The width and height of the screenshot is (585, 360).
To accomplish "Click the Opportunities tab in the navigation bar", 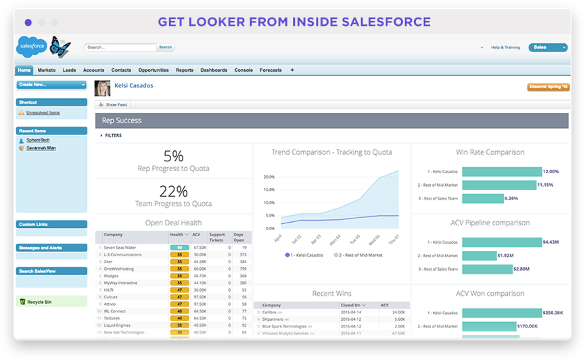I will tap(154, 70).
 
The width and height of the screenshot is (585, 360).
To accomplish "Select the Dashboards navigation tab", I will tap(214, 70).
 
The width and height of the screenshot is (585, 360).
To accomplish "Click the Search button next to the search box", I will tap(165, 47).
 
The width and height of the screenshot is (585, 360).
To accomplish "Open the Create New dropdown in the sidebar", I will tap(51, 85).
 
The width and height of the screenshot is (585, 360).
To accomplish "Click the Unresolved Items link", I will tap(43, 112).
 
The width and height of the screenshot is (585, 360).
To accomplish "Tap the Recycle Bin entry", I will tap(41, 301).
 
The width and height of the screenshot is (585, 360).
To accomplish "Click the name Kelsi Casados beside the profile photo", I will tap(134, 86).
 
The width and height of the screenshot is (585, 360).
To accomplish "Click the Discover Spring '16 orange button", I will tap(547, 87).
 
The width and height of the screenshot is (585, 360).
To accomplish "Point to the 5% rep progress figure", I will tap(174, 156).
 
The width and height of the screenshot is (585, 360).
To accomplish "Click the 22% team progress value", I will tap(173, 192).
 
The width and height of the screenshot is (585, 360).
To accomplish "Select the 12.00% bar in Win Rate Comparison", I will tap(501, 171).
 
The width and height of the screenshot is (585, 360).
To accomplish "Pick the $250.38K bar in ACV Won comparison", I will tap(501, 313).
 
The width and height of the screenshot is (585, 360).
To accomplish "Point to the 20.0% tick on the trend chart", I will tap(268, 177).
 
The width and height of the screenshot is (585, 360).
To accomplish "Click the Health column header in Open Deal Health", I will tap(178, 235).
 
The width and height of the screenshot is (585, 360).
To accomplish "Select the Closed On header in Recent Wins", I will tap(350, 305).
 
